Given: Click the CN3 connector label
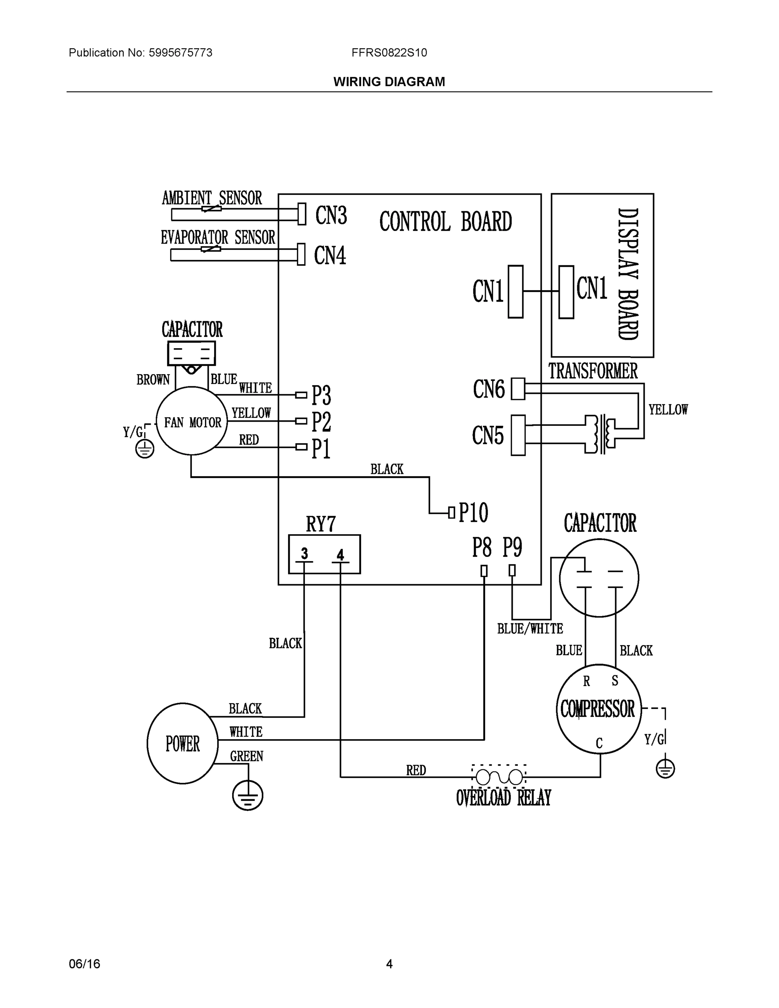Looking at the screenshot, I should point(331,215).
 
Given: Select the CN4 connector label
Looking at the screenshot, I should point(330,255).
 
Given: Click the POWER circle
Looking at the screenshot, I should point(182,743).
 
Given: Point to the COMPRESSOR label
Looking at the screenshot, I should point(598,709).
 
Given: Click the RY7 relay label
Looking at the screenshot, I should point(321,524).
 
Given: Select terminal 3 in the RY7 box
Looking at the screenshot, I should point(304,554).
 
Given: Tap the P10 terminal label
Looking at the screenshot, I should point(473,512).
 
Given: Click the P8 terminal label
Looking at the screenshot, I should point(482,547).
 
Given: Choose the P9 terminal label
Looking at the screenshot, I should point(512,547).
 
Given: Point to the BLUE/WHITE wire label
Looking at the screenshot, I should point(530,629).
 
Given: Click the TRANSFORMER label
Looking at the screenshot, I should point(593,371).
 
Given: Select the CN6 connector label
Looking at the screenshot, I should point(489,389).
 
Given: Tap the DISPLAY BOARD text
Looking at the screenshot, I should point(628,274).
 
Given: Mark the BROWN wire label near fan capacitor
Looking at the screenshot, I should point(153,380).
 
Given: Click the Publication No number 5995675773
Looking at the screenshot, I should point(181,52).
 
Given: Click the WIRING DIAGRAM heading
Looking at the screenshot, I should point(389,82).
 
